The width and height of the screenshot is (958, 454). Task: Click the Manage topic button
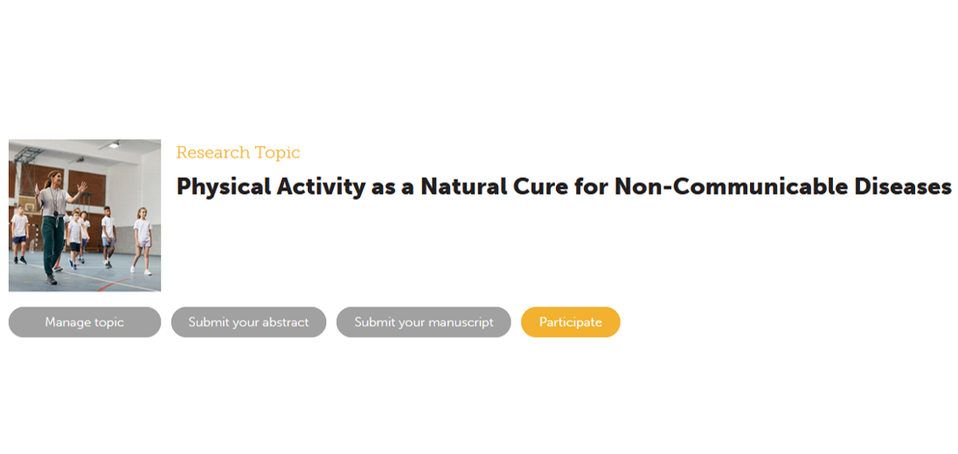click(84, 322)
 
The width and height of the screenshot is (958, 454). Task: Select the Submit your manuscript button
click(423, 322)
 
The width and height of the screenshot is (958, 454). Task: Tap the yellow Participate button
click(570, 322)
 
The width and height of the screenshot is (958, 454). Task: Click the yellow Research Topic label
click(239, 153)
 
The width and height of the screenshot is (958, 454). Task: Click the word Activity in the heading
click(322, 187)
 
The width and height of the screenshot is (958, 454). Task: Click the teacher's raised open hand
click(81, 188)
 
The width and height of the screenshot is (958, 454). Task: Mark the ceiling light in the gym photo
click(113, 145)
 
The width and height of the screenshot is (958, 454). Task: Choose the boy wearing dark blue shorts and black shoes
click(19, 235)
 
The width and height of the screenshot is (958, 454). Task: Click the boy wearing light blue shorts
click(108, 236)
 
